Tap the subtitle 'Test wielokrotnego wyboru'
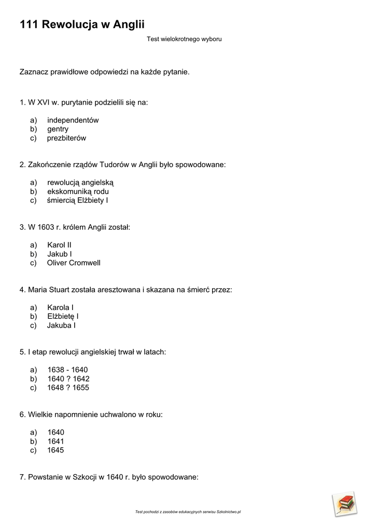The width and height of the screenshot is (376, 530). tap(184, 39)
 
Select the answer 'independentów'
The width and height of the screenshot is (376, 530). tap(73, 120)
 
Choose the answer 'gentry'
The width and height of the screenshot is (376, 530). tap(58, 129)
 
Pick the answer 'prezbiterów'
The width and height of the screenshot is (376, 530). tap(66, 138)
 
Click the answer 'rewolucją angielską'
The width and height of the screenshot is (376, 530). tap(80, 183)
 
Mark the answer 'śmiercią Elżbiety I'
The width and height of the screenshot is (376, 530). tap(77, 200)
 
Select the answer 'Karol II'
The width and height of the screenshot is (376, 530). tap(59, 245)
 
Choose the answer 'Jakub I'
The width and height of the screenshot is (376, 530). tap(60, 254)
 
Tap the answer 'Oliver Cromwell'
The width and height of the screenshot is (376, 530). tap(74, 263)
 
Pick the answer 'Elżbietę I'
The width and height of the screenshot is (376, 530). tap(63, 316)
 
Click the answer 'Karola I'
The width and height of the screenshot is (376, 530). tap(60, 307)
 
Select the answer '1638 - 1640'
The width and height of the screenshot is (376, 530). tap(67, 370)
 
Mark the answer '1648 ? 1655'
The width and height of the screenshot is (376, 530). tap(68, 388)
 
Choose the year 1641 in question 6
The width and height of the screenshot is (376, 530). tap(55, 441)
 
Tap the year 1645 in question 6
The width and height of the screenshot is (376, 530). tap(55, 450)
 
